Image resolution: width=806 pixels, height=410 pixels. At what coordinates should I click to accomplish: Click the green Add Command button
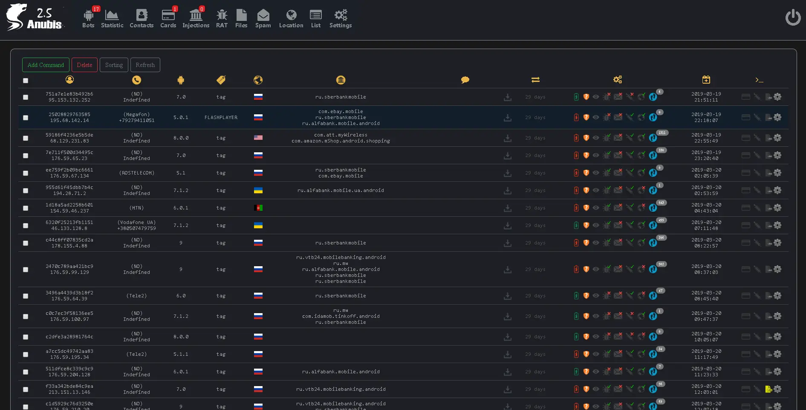pos(46,65)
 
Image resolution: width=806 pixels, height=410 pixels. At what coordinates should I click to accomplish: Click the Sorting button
pos(114,65)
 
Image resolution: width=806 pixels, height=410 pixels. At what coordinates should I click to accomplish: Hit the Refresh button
pos(145,65)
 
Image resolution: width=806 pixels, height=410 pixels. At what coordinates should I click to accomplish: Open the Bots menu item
pos(88,19)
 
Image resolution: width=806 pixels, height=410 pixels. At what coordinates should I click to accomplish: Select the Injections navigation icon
pos(196,19)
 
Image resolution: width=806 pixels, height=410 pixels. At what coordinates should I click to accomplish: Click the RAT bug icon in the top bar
pos(222,19)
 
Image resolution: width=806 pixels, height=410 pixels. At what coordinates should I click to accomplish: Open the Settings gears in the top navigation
pos(341,19)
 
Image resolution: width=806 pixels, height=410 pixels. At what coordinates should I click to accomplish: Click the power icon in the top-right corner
pos(793,18)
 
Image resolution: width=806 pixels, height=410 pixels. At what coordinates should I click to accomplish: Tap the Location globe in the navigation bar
pos(291,19)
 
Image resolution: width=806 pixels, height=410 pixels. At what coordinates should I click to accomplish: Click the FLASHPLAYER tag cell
pos(221,117)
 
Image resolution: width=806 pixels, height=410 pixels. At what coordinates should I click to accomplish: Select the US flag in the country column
pos(258,138)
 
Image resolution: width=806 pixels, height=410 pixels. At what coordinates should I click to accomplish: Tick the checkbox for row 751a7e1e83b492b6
pos(26,97)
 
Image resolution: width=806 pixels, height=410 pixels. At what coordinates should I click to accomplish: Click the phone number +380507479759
pos(136,228)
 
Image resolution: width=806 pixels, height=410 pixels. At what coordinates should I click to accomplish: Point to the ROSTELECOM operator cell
pos(136,173)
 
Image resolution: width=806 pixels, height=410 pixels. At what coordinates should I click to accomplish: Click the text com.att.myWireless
pos(340,135)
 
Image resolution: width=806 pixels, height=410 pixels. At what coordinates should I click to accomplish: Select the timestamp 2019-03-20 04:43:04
pos(706,208)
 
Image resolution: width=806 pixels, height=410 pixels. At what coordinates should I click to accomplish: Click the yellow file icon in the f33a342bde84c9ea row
pos(768,389)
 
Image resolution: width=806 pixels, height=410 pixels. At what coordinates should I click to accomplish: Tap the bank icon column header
pos(341,80)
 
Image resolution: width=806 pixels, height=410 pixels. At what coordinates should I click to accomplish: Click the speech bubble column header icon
pos(465,80)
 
